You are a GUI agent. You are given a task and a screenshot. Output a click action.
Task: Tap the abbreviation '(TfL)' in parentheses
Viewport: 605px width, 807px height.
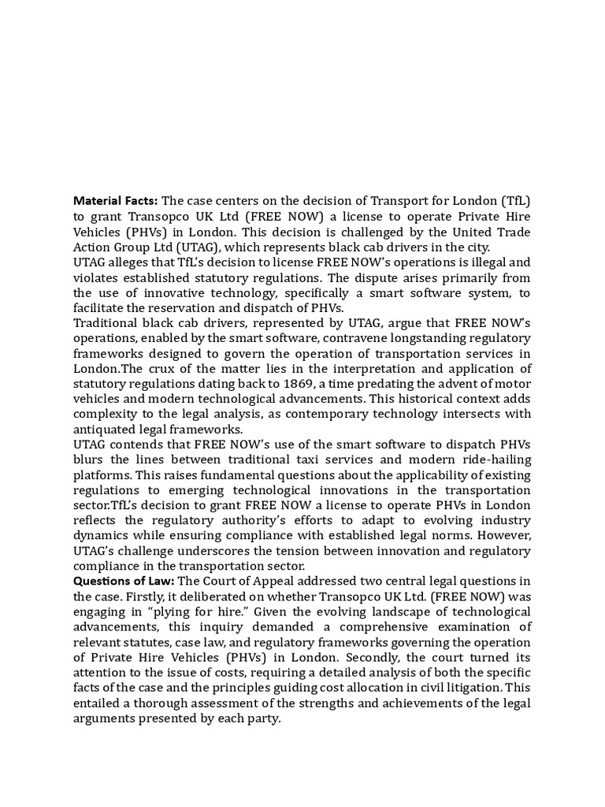point(513,201)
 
